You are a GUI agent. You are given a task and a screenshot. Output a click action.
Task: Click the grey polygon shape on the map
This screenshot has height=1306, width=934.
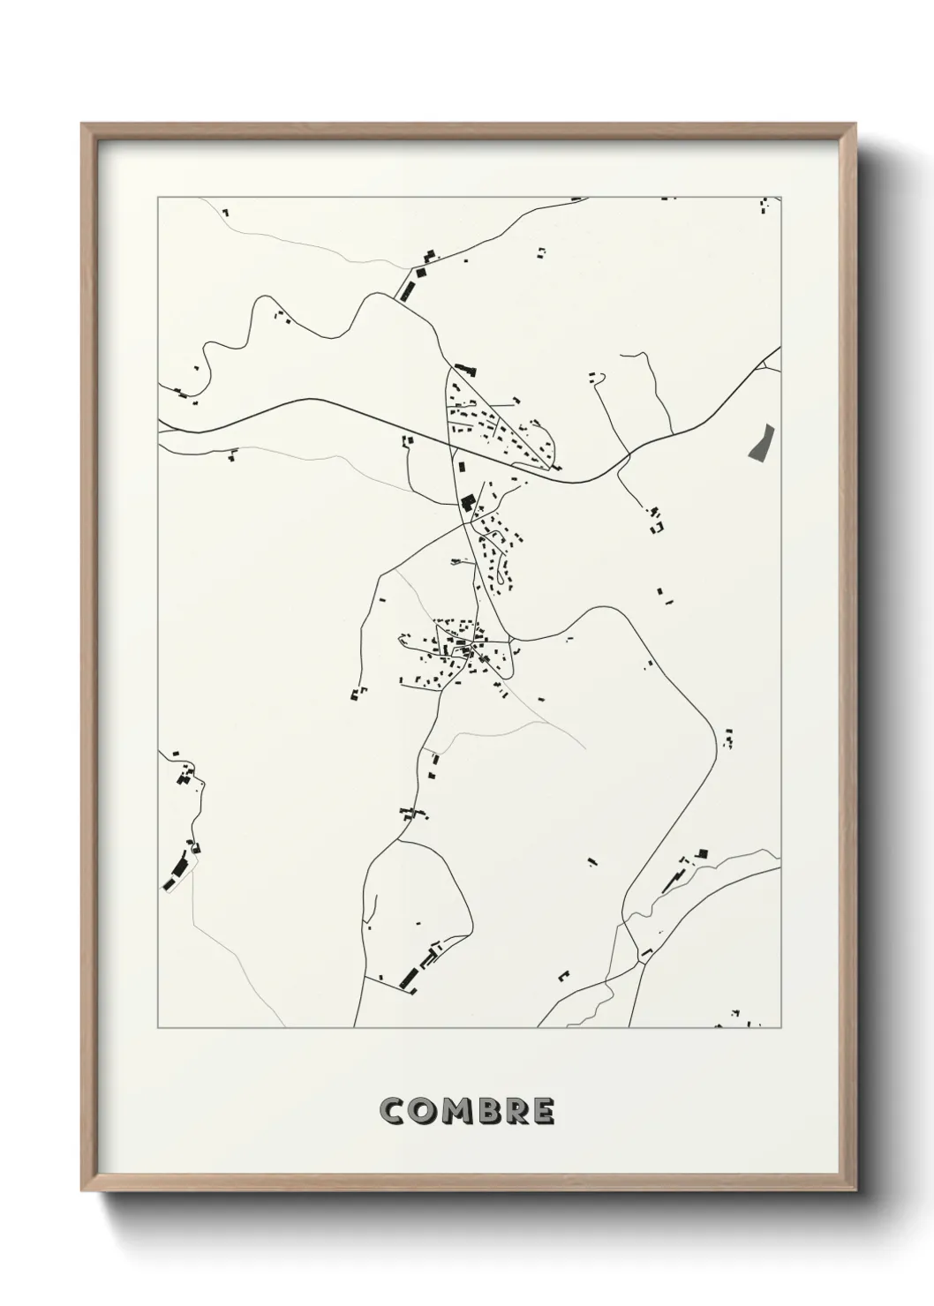point(759,442)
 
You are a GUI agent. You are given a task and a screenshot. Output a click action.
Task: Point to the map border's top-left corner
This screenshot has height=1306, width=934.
point(158,197)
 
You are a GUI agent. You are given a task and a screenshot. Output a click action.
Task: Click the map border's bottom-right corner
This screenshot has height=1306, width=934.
point(781,1028)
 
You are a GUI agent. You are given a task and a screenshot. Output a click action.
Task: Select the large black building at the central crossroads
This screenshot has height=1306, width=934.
point(466,504)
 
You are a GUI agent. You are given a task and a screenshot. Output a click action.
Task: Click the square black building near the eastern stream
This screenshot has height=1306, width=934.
point(703,853)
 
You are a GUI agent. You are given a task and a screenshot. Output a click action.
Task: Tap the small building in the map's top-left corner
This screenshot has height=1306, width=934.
point(225,213)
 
